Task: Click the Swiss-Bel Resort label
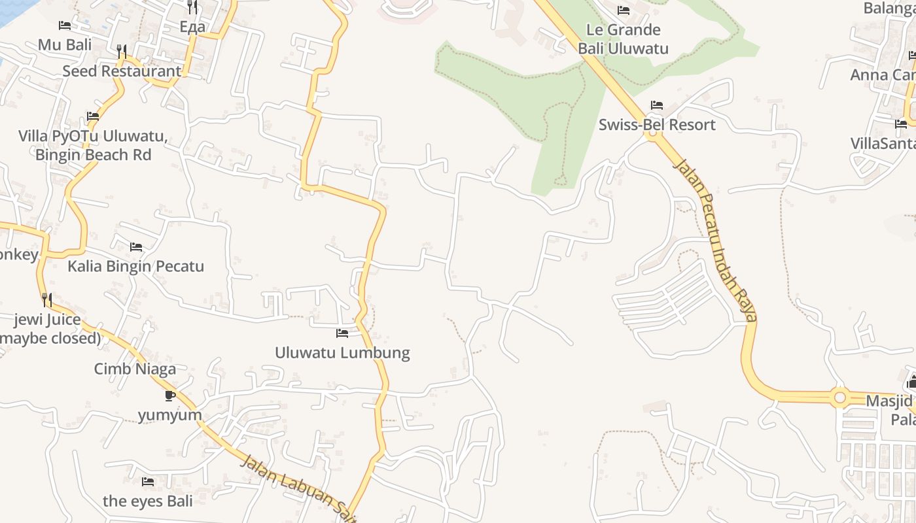point(657,124)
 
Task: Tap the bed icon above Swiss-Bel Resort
point(657,105)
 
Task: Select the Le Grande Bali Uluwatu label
point(623,39)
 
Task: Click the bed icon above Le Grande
point(623,10)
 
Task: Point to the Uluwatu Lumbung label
point(342,352)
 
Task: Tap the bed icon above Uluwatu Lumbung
point(342,333)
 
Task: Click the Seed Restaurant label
point(122,71)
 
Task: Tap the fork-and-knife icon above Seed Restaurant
point(121,51)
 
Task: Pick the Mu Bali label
point(65,44)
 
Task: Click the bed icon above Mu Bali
point(65,25)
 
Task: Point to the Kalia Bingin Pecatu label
point(136,266)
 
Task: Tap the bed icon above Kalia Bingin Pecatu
point(136,247)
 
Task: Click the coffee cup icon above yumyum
point(170,396)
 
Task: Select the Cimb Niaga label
point(135,369)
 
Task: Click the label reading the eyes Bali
point(148,501)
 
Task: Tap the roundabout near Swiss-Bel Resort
point(651,134)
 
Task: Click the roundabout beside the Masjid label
point(840,397)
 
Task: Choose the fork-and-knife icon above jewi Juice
point(47,300)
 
